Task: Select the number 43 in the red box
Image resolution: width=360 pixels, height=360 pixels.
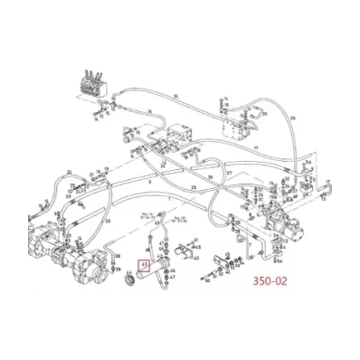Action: (x=141, y=267)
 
